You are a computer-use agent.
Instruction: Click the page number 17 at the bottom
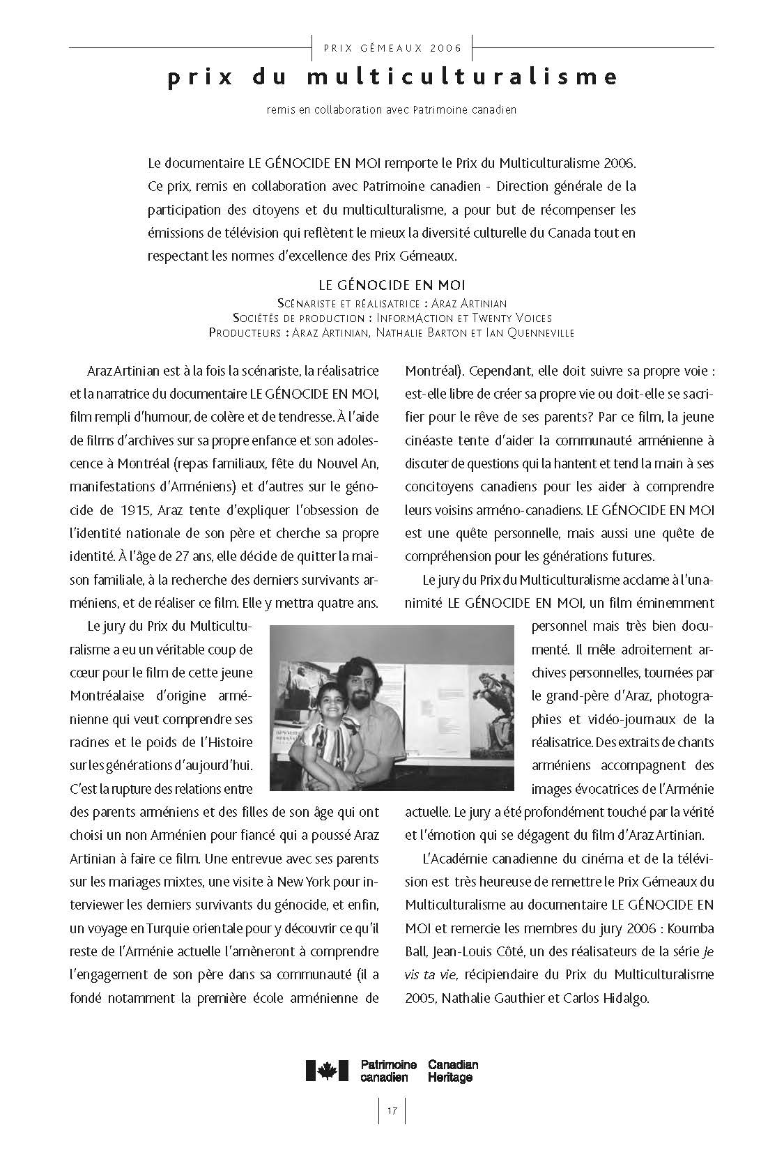[x=392, y=1110]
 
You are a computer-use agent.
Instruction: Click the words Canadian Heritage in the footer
[x=453, y=1071]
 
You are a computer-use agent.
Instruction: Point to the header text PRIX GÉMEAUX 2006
[x=393, y=48]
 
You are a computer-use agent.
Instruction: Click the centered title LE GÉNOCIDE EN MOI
[x=392, y=285]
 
